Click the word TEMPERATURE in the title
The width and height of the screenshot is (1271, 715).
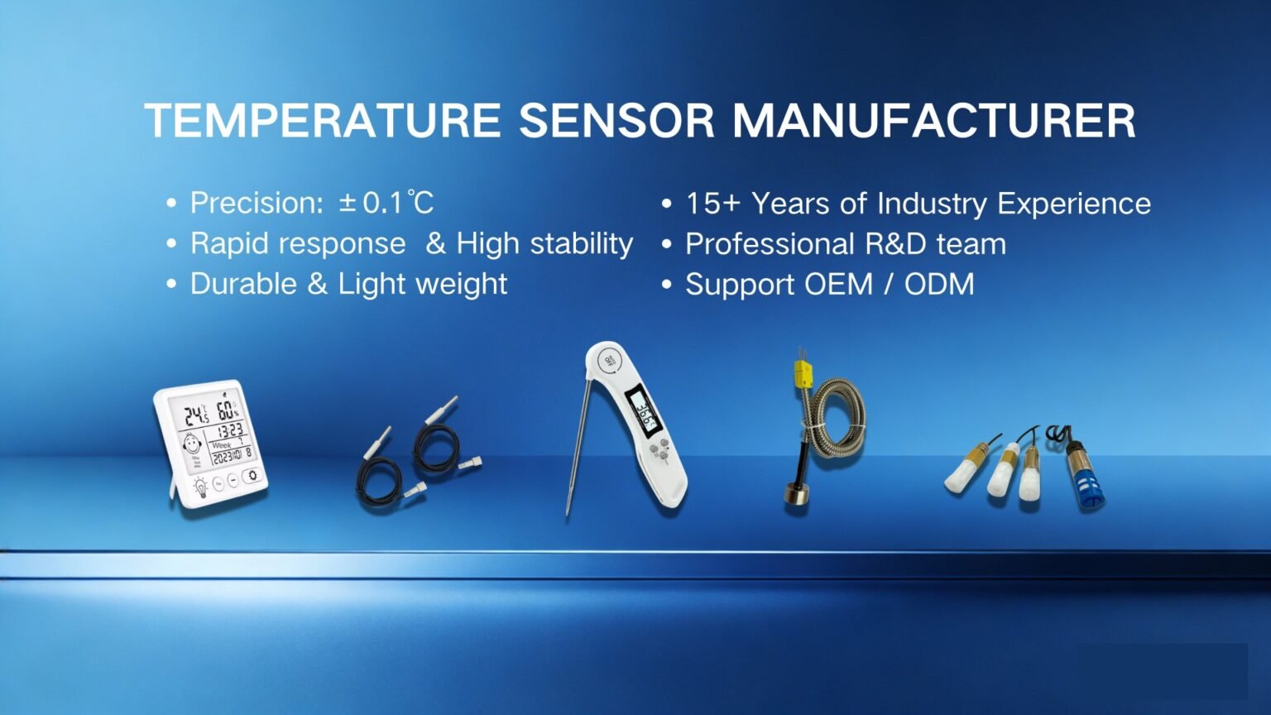click(323, 121)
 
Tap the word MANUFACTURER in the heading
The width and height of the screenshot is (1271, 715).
click(933, 121)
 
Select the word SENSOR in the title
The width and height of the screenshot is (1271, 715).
click(616, 121)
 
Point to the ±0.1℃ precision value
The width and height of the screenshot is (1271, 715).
click(386, 203)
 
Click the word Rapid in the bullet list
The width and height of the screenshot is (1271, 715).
click(222, 243)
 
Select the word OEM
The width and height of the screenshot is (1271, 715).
click(838, 285)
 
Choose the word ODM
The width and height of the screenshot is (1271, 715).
click(939, 285)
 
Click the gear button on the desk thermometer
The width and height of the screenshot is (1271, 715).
click(252, 476)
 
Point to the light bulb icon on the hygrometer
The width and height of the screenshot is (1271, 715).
click(199, 487)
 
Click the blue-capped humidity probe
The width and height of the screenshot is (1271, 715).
click(1084, 476)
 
